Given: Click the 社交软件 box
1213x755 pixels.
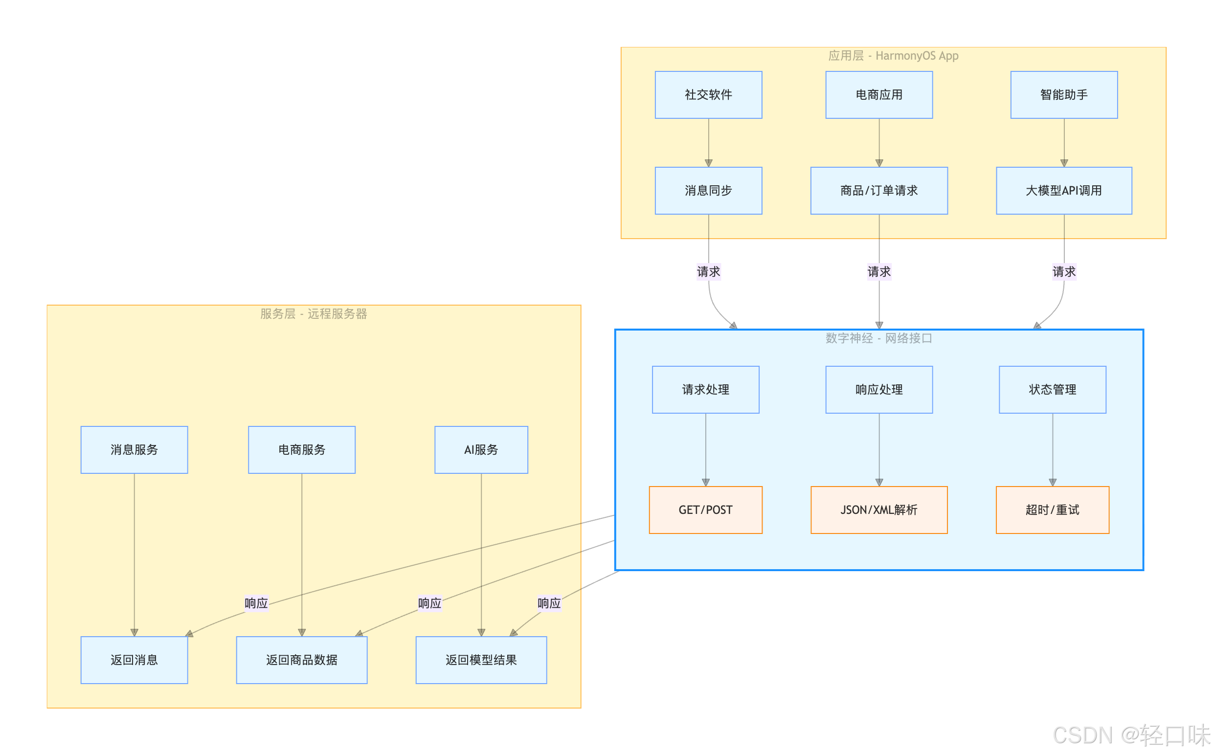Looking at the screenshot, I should (x=708, y=95).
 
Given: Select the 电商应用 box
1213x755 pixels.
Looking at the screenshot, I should (x=878, y=95).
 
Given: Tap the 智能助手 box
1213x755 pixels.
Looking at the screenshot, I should (x=1064, y=95).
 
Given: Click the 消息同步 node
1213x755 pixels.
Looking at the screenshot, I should (x=708, y=191).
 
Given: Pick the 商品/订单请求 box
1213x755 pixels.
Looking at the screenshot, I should (x=878, y=191).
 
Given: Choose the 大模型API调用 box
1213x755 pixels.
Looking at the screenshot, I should (x=1064, y=191).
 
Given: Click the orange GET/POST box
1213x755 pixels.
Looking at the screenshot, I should (x=705, y=510).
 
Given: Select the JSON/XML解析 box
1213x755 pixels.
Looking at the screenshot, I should (x=878, y=510).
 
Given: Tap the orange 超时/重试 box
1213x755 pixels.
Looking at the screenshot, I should (x=1052, y=510).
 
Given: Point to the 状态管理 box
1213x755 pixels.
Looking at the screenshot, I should (x=1052, y=390).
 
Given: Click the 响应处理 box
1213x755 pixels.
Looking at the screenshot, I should (x=878, y=390).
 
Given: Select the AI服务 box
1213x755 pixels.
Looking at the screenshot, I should (x=481, y=450).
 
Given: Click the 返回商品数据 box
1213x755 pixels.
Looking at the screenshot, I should (x=302, y=660).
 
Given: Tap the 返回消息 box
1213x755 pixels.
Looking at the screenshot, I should (x=134, y=660).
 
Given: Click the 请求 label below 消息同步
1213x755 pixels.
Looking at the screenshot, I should (x=708, y=272).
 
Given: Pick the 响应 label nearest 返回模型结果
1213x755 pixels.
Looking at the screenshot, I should (x=549, y=603).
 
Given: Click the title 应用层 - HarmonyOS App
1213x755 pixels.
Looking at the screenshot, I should (x=893, y=56).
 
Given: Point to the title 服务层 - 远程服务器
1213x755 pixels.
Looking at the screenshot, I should (x=314, y=313).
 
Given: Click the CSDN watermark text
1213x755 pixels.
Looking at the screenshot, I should (x=1131, y=735).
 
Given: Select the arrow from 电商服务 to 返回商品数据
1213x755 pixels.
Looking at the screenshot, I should (x=302, y=554).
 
